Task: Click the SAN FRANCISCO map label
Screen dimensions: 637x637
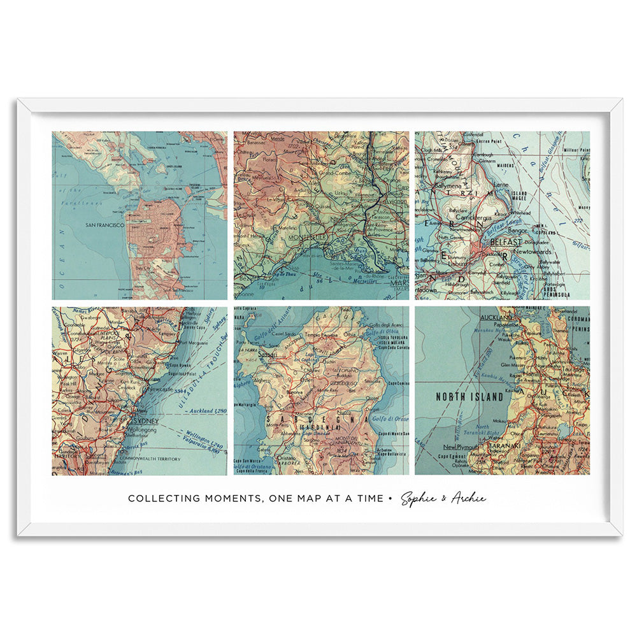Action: [x=104, y=225]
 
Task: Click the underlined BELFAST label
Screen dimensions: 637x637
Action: [x=505, y=243]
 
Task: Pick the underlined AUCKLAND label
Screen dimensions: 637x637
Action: [x=497, y=317]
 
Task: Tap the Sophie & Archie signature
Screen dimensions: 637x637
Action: [x=443, y=498]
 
